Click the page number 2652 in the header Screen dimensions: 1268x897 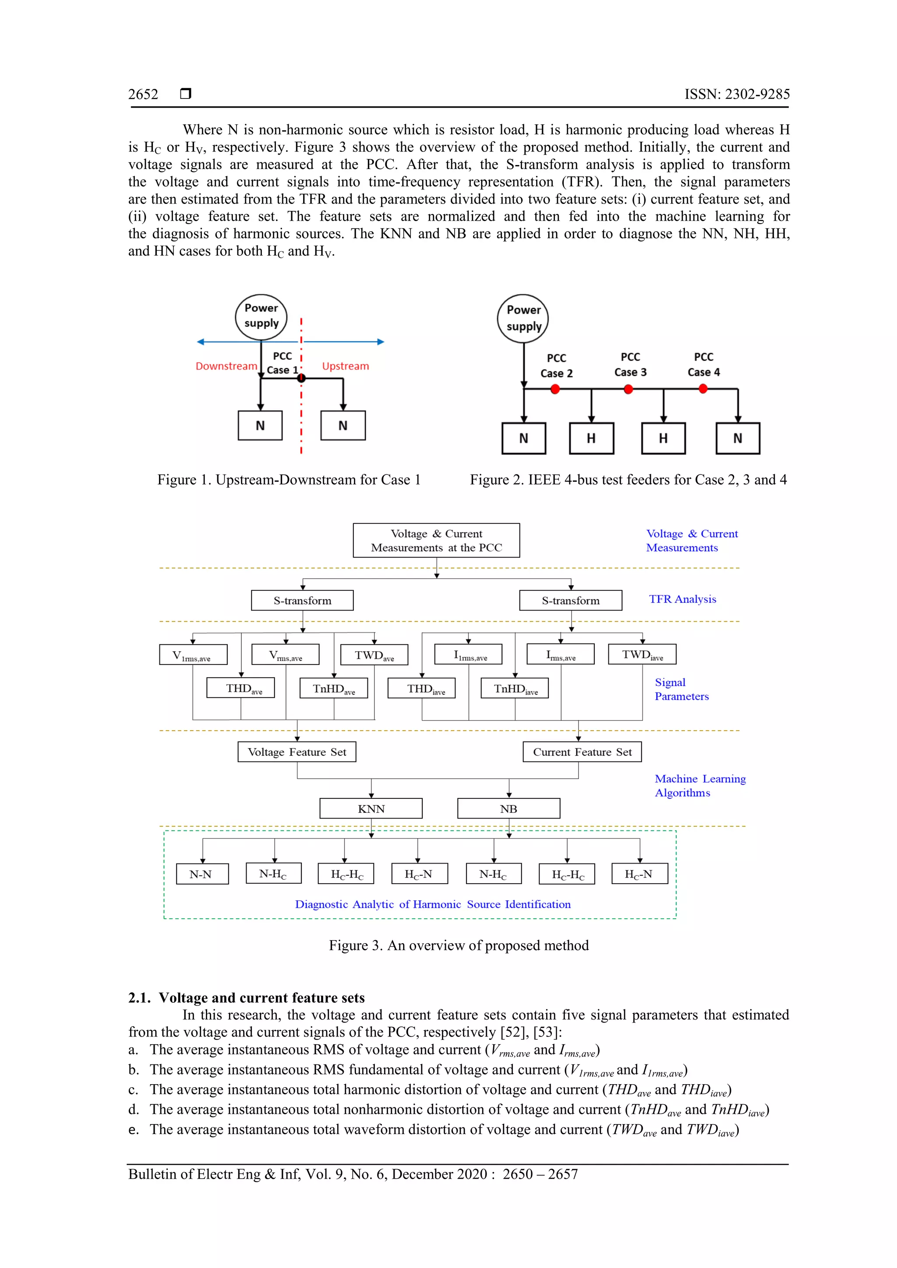[143, 95]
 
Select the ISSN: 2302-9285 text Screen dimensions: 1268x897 [737, 95]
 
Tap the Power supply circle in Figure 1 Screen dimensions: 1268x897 [261, 316]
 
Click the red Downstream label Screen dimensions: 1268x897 [226, 366]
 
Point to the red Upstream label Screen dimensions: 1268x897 [346, 366]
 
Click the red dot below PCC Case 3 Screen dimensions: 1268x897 [628, 390]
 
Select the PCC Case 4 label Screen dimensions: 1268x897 [703, 365]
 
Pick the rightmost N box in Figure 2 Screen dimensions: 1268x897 [737, 439]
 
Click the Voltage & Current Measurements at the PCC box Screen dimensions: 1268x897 [436, 540]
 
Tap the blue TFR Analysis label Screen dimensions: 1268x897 [682, 599]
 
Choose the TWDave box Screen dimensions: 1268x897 [374, 655]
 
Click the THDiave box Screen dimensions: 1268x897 [422, 688]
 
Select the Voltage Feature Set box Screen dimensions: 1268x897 [297, 752]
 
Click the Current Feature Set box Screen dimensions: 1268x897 [582, 752]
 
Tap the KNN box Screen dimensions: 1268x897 [371, 808]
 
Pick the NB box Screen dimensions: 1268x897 [509, 808]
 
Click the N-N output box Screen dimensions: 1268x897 [202, 874]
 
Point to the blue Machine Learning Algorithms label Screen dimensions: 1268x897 [700, 785]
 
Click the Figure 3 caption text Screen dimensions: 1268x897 [458, 945]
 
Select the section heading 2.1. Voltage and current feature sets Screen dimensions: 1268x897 [247, 998]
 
